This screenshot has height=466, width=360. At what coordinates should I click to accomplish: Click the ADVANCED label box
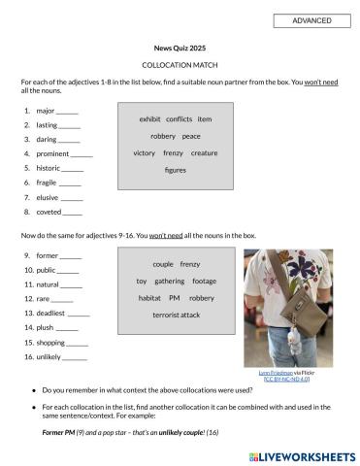pyautogui.click(x=311, y=20)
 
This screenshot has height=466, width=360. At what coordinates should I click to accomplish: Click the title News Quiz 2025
pyautogui.click(x=180, y=47)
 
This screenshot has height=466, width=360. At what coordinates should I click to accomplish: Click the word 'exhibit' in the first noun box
pyautogui.click(x=149, y=119)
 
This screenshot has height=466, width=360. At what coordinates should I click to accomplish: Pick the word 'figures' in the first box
pyautogui.click(x=176, y=170)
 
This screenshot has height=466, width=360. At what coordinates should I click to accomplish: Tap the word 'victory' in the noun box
pyautogui.click(x=145, y=152)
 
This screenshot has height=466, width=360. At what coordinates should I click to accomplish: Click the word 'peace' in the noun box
pyautogui.click(x=191, y=136)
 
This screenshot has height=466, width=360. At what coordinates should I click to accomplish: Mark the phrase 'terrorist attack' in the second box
pyautogui.click(x=176, y=315)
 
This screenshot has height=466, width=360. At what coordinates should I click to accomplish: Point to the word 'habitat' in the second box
pyautogui.click(x=149, y=297)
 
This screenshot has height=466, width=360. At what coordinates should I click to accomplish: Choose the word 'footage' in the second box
pyautogui.click(x=205, y=281)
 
